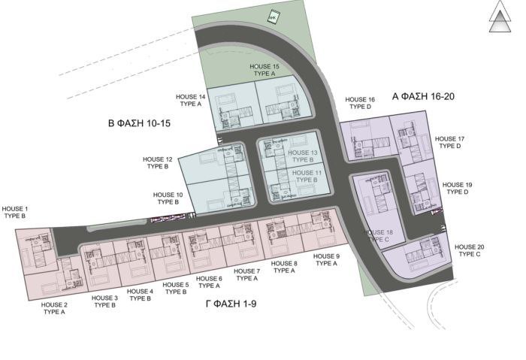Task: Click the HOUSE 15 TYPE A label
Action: point(264,71)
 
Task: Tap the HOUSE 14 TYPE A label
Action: point(190,101)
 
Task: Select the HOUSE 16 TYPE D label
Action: point(360,103)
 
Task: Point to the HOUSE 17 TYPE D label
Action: point(450,142)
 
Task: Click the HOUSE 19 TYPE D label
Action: point(458,188)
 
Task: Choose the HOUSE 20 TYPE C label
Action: point(470,250)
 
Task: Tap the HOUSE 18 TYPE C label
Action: point(379,237)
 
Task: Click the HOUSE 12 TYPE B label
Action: point(159,163)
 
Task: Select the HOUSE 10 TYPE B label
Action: point(167,198)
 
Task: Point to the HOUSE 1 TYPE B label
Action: point(15,212)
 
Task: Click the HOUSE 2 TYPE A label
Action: point(54,308)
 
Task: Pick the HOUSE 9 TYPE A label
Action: point(327,260)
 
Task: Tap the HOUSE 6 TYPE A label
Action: point(209,282)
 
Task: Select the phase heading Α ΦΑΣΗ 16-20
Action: point(425,96)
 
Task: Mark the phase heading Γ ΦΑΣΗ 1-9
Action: point(237,304)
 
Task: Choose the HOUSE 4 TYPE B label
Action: point(141,295)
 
